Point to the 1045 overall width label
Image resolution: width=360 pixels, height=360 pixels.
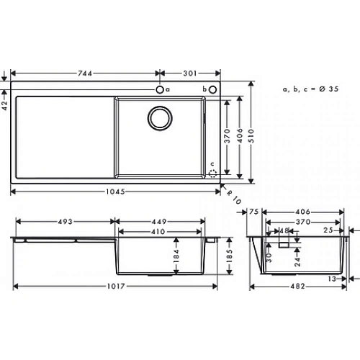(x=117, y=191)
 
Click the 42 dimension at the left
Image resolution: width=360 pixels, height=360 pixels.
(x=4, y=104)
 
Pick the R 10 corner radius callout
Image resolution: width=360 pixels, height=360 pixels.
(x=233, y=195)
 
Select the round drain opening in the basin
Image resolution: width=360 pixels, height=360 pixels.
(x=161, y=117)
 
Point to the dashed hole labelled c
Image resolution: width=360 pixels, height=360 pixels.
(x=212, y=173)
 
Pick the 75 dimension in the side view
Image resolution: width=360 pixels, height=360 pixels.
(x=253, y=212)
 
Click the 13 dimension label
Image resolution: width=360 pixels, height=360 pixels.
(x=332, y=278)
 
